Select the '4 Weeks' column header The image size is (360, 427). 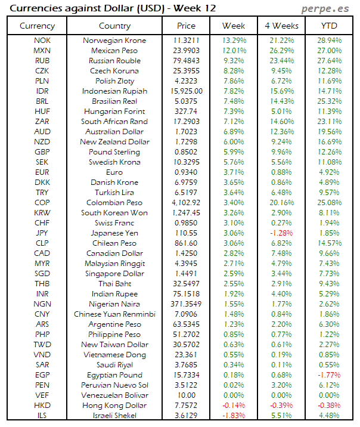[x=281, y=26]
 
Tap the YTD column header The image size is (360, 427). [x=329, y=26]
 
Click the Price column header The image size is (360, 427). [x=186, y=26]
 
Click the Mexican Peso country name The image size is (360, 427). [x=115, y=51]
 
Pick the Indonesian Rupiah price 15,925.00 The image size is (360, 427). [x=186, y=91]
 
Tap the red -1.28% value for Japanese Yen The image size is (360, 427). [x=281, y=233]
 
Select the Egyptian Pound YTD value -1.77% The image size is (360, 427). [x=329, y=375]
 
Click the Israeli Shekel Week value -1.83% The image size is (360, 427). [x=234, y=416]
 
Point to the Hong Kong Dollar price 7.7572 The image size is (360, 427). [x=186, y=406]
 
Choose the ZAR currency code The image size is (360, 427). [x=42, y=122]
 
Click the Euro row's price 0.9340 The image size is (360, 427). [x=186, y=172]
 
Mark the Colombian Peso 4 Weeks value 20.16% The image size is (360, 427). [x=281, y=203]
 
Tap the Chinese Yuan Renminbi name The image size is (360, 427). [x=115, y=314]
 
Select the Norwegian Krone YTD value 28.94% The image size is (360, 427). [x=329, y=41]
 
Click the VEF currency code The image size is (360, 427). [x=42, y=395]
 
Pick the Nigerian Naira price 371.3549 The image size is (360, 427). [x=186, y=304]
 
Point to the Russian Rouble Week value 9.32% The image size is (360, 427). [x=234, y=61]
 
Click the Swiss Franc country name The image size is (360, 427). [x=115, y=223]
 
